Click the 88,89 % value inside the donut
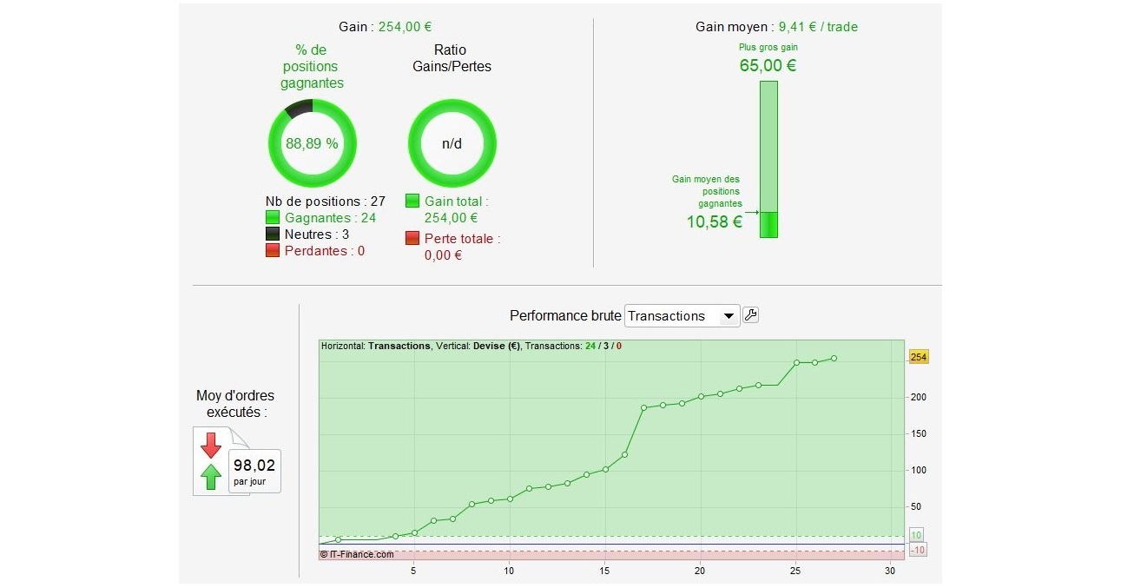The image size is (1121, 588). pos(312,144)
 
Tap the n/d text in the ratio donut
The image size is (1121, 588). pos(452,144)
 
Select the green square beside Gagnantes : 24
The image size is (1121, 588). pos(273,218)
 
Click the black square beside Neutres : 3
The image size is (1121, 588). pos(273,235)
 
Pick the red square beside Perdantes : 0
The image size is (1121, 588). pos(273,251)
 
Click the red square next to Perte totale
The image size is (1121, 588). pos(412,238)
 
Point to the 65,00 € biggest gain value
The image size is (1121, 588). pos(768,65)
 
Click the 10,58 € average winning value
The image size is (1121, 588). pos(714,221)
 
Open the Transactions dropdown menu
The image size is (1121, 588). pos(682,316)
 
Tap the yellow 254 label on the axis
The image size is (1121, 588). pos(918,357)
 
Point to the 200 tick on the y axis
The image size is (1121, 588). pos(919,397)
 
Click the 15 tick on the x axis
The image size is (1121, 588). pos(604,571)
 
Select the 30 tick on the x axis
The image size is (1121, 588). pos(889,571)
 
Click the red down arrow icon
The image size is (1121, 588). pos(211,446)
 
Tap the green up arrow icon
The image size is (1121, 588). pos(211,477)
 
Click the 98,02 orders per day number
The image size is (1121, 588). pos(254,466)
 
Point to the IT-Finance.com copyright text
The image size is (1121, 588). pos(357,553)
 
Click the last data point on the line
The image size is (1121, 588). pos(834,358)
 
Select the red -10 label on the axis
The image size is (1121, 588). pos(918,550)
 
